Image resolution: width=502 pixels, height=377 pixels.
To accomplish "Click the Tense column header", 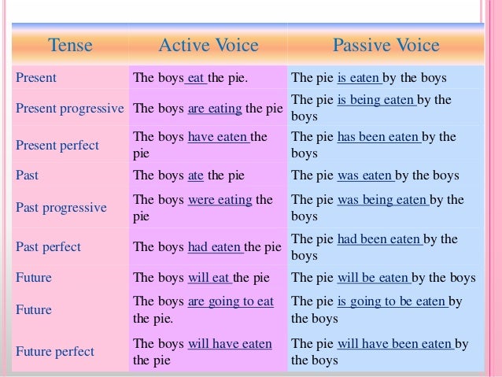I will [x=70, y=46].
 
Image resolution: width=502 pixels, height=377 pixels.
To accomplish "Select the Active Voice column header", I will [x=209, y=46].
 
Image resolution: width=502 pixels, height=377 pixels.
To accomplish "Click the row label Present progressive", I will [x=68, y=109].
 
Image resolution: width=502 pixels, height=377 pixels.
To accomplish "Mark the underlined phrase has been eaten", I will [x=378, y=137].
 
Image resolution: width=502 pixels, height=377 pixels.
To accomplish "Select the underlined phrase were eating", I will [x=220, y=200].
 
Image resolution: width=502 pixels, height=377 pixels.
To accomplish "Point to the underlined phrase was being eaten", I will [x=382, y=200].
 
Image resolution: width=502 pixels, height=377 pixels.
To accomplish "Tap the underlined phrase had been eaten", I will [x=379, y=239].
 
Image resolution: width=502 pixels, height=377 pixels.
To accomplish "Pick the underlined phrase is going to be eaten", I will [x=391, y=301].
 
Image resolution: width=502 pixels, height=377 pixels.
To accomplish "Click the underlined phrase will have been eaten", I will [x=395, y=344].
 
